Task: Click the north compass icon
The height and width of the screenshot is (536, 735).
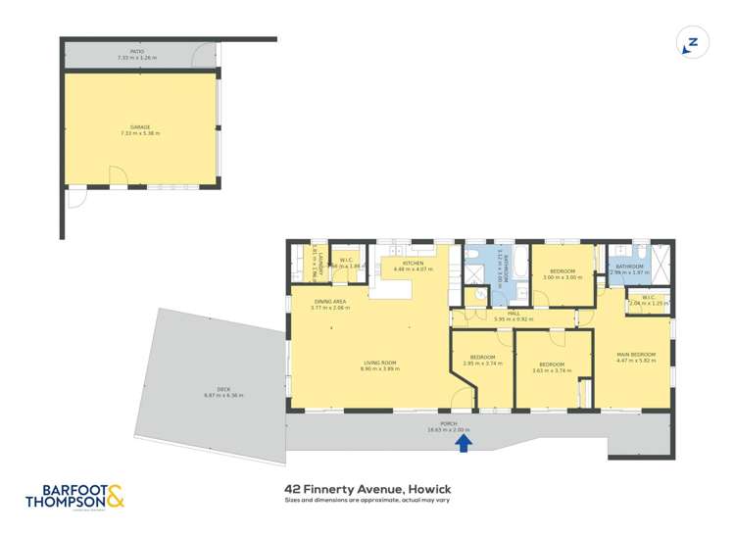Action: pyautogui.click(x=691, y=44)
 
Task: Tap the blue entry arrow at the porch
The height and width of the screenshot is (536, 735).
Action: pyautogui.click(x=465, y=444)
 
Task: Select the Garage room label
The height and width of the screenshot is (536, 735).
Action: pyautogui.click(x=141, y=127)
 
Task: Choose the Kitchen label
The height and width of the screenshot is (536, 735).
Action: pyautogui.click(x=413, y=264)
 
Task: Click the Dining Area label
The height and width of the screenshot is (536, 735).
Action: pyautogui.click(x=329, y=302)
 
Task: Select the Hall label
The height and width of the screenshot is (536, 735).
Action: pyautogui.click(x=514, y=314)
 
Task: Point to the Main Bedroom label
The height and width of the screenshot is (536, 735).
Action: pyautogui.click(x=636, y=354)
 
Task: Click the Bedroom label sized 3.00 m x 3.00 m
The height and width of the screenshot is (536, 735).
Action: pyautogui.click(x=563, y=271)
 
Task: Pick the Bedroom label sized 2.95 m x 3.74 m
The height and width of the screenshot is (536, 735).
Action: pyautogui.click(x=482, y=358)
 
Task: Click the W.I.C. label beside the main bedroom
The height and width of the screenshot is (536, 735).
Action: pyautogui.click(x=648, y=298)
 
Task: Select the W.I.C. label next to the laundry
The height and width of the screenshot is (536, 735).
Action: pyautogui.click(x=346, y=260)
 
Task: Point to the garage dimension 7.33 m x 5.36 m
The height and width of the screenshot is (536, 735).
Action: pyautogui.click(x=141, y=133)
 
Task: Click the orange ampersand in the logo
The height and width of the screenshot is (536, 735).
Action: pyautogui.click(x=115, y=498)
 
